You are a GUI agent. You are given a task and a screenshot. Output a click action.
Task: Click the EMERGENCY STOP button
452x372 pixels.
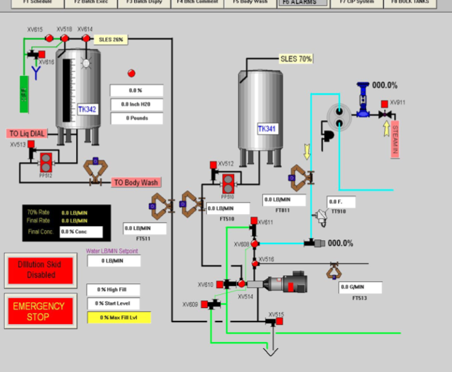pos(39,311)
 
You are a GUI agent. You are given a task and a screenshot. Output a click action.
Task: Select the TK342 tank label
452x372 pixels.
pos(87,109)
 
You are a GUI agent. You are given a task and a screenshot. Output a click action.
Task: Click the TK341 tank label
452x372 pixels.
pos(267,128)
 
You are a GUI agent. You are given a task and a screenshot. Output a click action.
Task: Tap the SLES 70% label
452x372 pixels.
pos(296,59)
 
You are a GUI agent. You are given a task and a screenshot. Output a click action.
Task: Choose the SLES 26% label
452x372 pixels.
pos(111,39)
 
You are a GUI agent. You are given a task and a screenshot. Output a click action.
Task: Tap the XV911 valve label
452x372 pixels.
pos(397,103)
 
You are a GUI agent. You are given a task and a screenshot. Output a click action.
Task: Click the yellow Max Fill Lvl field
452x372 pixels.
pos(119,317)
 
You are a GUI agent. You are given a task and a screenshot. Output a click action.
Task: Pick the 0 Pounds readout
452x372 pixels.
pos(137,118)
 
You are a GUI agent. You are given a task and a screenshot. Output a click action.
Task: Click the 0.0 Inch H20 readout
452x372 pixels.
pos(137,104)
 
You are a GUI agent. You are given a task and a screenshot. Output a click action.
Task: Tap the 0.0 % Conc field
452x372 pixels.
pos(81,232)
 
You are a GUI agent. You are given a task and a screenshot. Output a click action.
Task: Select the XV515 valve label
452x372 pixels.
pos(276,314)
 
